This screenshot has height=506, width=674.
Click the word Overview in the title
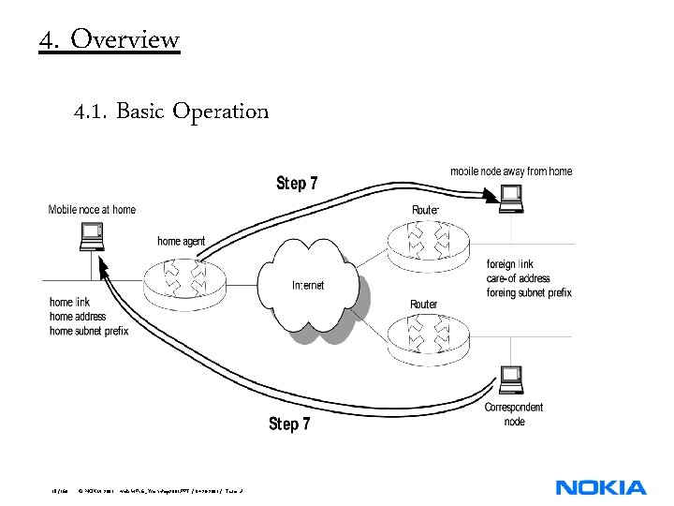[125, 39]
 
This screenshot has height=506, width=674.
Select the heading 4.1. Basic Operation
[171, 112]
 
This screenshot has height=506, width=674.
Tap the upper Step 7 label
[297, 183]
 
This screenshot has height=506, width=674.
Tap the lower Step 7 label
[289, 424]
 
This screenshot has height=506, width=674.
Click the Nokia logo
[600, 487]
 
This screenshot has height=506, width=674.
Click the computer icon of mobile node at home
[91, 238]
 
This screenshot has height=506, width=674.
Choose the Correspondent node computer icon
[511, 379]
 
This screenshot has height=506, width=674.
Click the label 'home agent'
[181, 242]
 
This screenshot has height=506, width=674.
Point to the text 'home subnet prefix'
[89, 331]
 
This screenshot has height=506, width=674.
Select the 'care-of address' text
[518, 278]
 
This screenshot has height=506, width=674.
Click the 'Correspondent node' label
[514, 414]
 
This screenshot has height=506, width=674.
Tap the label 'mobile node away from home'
[511, 171]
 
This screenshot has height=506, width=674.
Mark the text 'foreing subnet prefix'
[529, 292]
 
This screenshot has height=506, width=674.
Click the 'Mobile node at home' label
[92, 210]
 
